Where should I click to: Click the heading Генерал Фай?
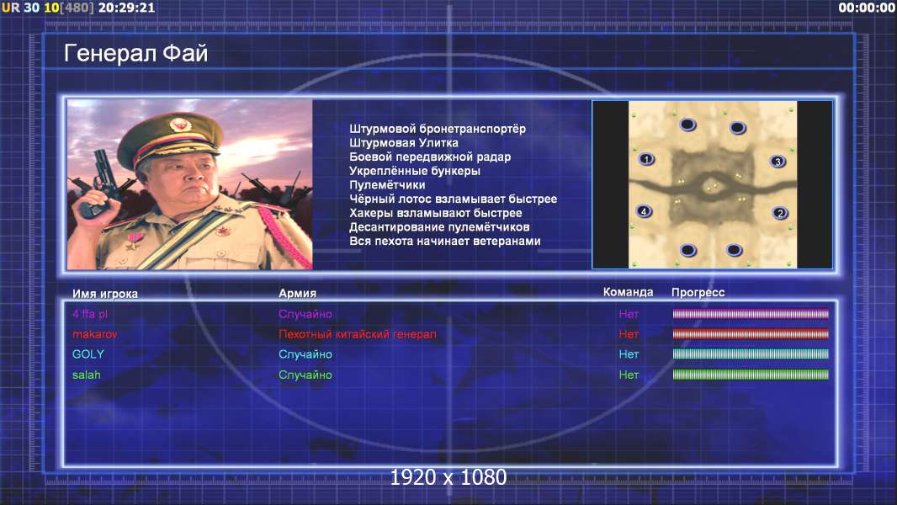click(135, 53)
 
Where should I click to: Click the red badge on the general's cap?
click(179, 124)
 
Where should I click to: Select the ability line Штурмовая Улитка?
click(404, 143)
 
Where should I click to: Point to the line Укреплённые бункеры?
click(415, 171)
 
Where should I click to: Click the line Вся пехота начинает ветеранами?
click(445, 242)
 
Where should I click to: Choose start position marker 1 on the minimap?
click(646, 159)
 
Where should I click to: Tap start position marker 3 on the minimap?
click(778, 162)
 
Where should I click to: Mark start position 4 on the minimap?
click(645, 211)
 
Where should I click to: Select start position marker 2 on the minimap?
click(780, 213)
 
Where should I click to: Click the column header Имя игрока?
click(104, 294)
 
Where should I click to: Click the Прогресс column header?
click(698, 292)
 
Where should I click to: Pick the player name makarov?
click(95, 334)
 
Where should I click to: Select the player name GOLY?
click(88, 354)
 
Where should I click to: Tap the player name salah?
click(87, 375)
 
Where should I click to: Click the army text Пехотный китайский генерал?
click(358, 334)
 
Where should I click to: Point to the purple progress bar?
click(751, 313)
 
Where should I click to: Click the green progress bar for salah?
click(751, 375)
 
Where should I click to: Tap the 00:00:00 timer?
click(867, 8)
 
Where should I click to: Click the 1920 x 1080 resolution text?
click(448, 477)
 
